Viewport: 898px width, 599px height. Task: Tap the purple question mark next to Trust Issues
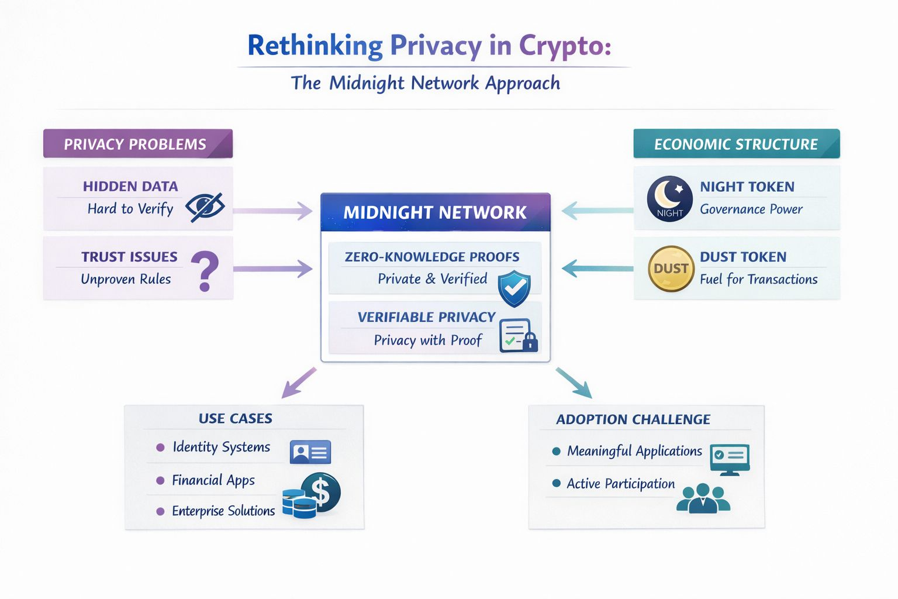(x=205, y=271)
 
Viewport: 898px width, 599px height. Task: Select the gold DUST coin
(x=671, y=268)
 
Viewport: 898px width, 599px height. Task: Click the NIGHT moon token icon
(x=670, y=198)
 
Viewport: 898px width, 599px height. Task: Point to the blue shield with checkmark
(x=514, y=288)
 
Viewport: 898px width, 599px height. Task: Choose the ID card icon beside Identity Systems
(x=310, y=452)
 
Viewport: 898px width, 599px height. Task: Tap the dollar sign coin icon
(x=320, y=492)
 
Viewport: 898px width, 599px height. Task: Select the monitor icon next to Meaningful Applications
(x=730, y=457)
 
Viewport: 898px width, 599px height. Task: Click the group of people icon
(x=703, y=499)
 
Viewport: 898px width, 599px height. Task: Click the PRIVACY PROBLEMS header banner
(x=138, y=144)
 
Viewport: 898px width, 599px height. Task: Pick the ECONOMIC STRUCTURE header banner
(x=736, y=144)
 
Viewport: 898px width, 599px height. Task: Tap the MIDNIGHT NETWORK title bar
(x=435, y=212)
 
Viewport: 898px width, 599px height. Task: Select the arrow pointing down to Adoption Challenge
(x=574, y=383)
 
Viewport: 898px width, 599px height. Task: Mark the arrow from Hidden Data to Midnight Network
(x=273, y=211)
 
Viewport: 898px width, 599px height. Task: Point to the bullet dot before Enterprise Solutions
(x=160, y=511)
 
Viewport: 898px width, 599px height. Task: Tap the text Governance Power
(x=751, y=209)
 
